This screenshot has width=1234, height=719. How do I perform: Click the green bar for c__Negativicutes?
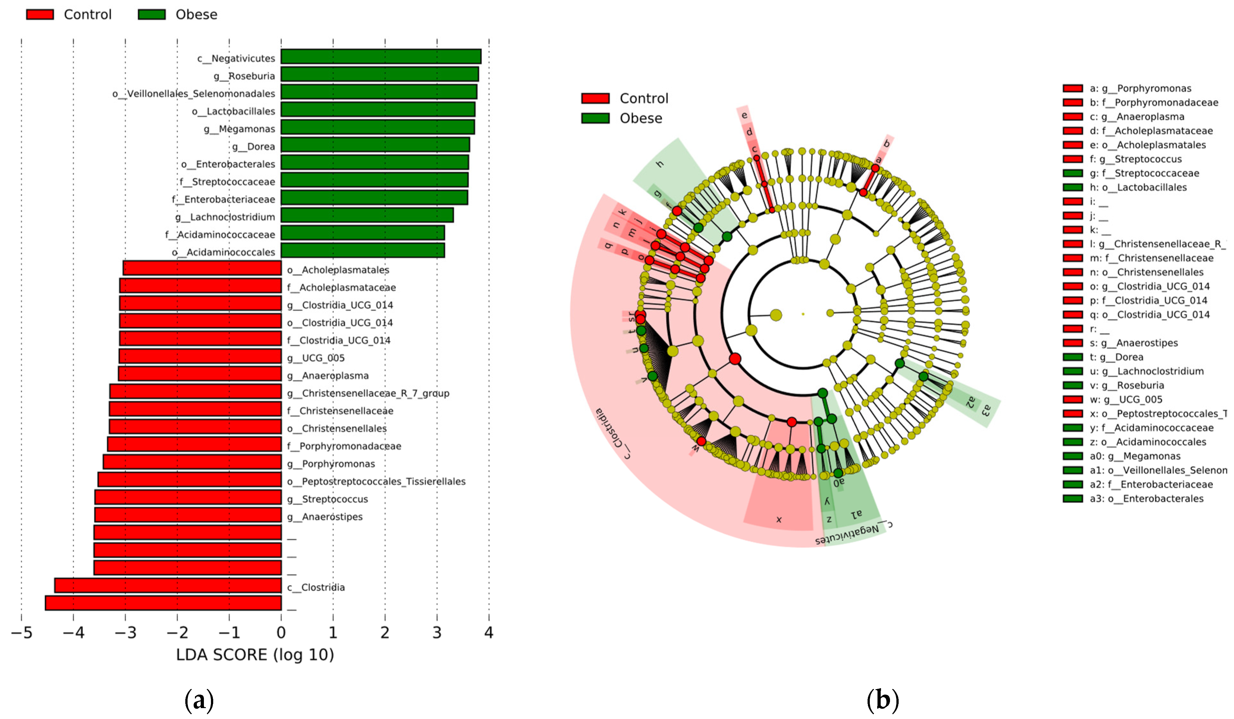[381, 57]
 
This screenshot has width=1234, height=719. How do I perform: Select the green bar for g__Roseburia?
[380, 74]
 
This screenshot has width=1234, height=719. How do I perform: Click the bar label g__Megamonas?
[239, 129]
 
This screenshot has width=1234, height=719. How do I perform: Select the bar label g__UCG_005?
[316, 358]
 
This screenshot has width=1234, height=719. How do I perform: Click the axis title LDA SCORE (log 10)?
[255, 655]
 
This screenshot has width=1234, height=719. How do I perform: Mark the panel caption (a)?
[199, 700]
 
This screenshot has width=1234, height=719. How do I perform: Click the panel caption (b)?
[882, 700]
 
